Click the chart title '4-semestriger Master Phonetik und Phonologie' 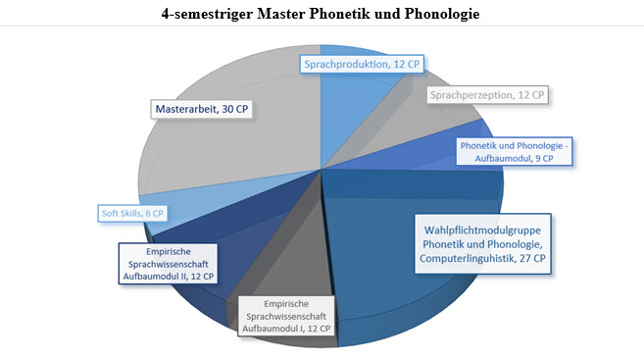[x=321, y=14]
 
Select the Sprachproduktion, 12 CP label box [x=362, y=64]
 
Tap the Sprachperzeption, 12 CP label [x=487, y=95]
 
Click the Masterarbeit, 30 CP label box [x=202, y=109]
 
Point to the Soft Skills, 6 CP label [x=132, y=213]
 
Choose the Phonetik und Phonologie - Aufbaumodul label [x=515, y=152]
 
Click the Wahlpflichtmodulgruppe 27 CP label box [x=482, y=244]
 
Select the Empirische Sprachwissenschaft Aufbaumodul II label [x=169, y=264]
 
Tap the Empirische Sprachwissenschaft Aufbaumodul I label [x=286, y=316]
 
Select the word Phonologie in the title [x=442, y=14]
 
